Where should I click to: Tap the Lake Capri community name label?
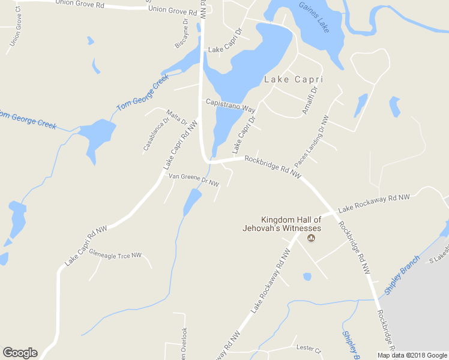pos(294,79)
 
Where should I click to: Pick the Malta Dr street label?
pos(177,116)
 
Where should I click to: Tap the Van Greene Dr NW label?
pos(193,178)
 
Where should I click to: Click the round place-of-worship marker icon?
pos(311,239)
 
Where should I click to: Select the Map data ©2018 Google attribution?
pos(412,355)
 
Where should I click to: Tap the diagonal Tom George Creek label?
pos(139,93)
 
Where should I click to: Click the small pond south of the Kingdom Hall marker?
pos(307,277)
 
